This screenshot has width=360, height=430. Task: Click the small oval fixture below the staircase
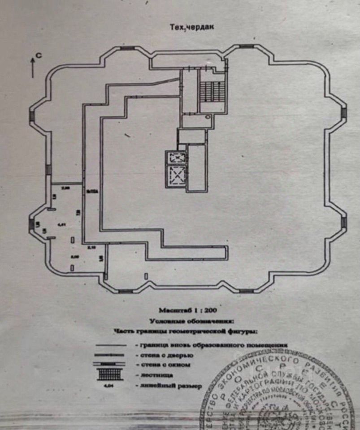(x=208, y=117)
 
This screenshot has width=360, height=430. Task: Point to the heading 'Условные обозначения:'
(x=191, y=321)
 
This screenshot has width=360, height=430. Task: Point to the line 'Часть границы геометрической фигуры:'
(x=185, y=332)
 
